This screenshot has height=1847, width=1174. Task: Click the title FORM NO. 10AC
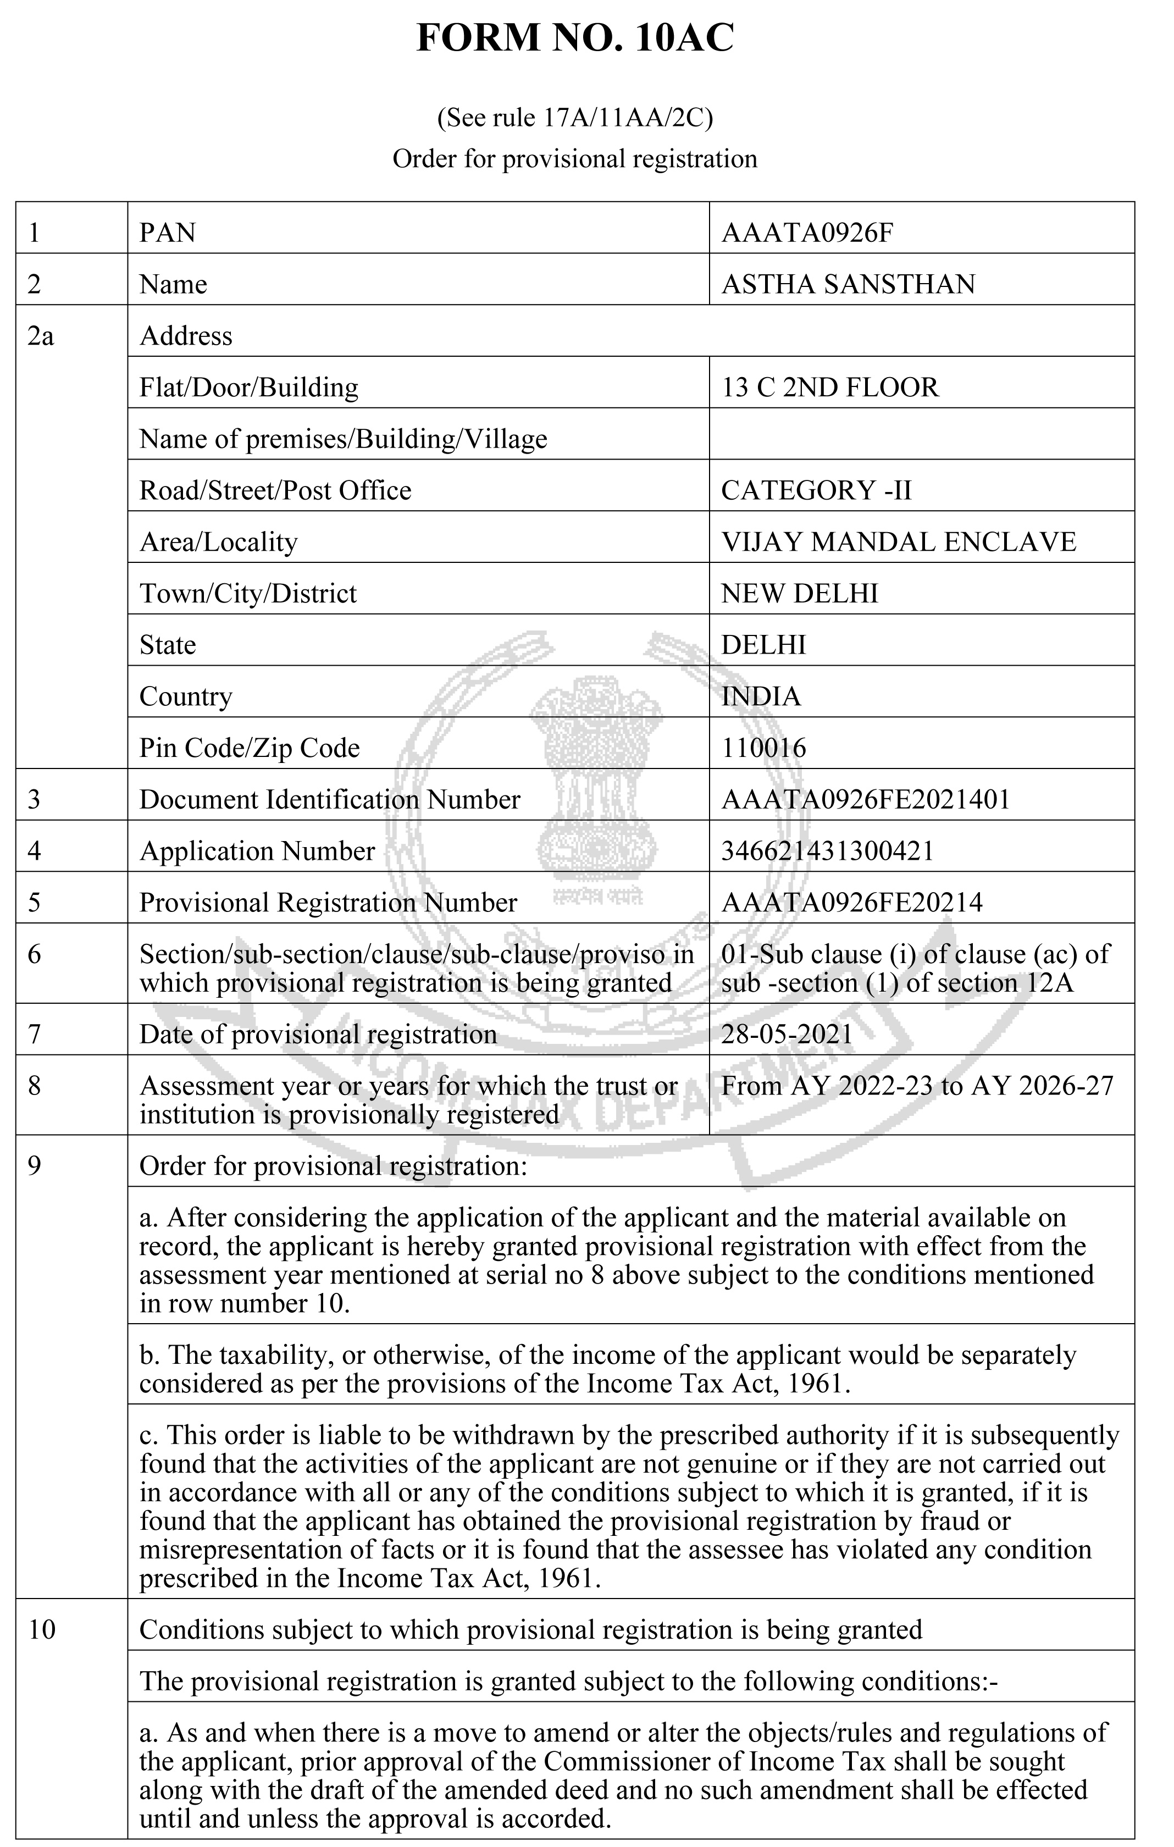point(574,38)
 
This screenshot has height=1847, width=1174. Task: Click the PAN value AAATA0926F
point(807,233)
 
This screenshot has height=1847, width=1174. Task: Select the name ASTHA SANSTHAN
point(848,284)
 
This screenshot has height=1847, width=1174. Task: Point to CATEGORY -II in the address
point(816,490)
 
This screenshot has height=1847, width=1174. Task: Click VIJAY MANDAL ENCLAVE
point(898,541)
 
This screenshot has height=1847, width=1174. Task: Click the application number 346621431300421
point(827,850)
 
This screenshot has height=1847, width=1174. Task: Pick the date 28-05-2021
point(786,1034)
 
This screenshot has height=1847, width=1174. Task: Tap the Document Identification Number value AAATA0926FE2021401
point(865,799)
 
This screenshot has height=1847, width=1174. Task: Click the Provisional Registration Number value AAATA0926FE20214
point(851,902)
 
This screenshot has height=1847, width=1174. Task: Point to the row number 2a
point(41,336)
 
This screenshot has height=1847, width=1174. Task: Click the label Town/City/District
point(248,593)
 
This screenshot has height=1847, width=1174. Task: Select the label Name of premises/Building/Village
point(343,439)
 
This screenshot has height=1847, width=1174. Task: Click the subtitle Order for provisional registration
point(574,159)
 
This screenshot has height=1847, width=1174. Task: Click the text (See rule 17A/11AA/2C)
point(574,118)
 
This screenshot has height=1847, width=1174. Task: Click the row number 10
point(42,1629)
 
